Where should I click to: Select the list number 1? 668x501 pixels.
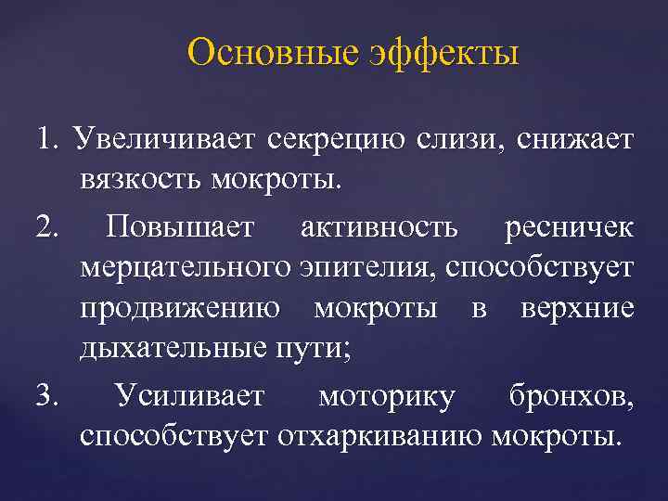pos(49,139)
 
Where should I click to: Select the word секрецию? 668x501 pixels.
pos(335,141)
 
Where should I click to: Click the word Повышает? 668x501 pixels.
pos(189,226)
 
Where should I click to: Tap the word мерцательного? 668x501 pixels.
pos(186,269)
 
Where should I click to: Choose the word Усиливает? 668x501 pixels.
pos(189,397)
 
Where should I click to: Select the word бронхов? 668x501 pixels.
pos(572,397)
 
